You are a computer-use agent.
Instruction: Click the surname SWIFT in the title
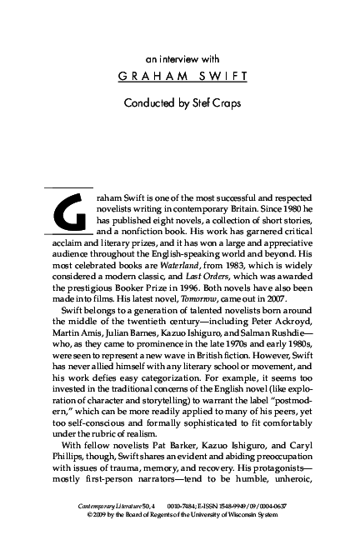tap(224, 82)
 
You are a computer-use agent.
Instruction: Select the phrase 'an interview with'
tap(181, 59)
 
